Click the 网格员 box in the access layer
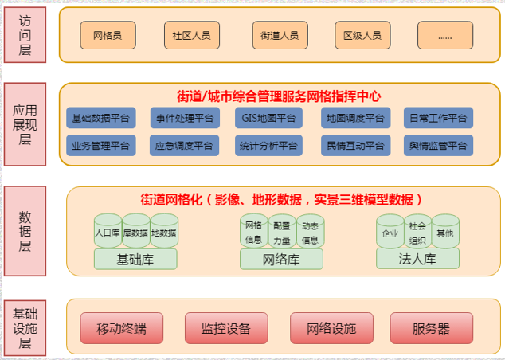(108, 35)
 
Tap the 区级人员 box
(362, 35)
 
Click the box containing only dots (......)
(444, 35)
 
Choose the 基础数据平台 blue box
(101, 119)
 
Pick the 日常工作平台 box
(437, 119)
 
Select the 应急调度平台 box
(184, 146)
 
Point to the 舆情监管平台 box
(437, 146)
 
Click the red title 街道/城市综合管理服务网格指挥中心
(279, 96)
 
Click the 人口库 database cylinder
(107, 233)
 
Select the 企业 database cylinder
(390, 233)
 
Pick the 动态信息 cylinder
(310, 232)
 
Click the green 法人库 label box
(417, 259)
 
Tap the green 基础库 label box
(135, 259)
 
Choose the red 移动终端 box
(122, 328)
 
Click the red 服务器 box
(431, 328)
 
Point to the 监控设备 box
(226, 328)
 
